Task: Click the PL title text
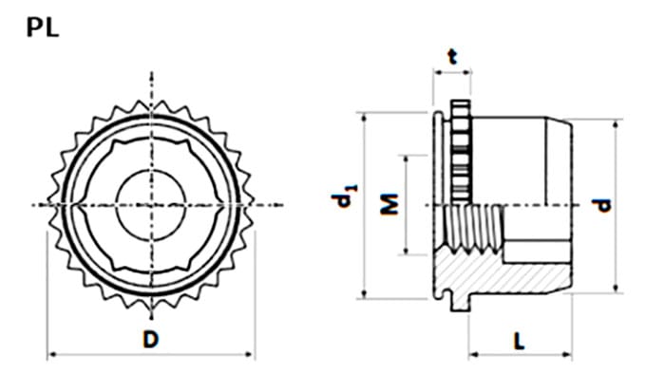[x=43, y=28]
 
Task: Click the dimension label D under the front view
[x=150, y=339]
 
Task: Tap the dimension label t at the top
[x=453, y=56]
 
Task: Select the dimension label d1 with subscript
[x=344, y=196]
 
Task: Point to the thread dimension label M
[x=389, y=204]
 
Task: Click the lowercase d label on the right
[x=601, y=205]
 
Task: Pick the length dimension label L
[x=519, y=341]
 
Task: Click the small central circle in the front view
[x=151, y=205]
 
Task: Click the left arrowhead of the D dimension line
[x=51, y=354]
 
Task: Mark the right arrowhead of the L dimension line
[x=567, y=354]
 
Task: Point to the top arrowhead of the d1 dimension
[x=364, y=118]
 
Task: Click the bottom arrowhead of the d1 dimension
[x=364, y=293]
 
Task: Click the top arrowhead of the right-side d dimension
[x=617, y=124]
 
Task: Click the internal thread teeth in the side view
[x=473, y=229]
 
